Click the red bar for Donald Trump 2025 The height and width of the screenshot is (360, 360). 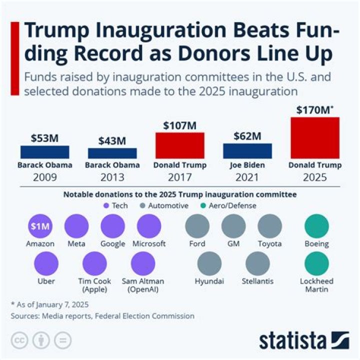pos(315,138)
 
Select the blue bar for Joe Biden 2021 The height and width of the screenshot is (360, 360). pos(247,151)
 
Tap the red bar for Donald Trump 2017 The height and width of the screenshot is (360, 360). pos(179,145)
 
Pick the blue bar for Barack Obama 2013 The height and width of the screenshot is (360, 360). pos(112,153)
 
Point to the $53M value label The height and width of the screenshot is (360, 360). pos(45,138)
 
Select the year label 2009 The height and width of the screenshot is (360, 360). pos(45,177)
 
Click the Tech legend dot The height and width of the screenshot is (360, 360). pos(106,205)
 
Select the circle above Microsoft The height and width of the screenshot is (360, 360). pos(148,226)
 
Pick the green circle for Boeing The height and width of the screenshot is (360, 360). pos(316,226)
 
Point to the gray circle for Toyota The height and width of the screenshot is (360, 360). pos(269,226)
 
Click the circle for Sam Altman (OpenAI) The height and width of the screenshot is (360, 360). pos(143,263)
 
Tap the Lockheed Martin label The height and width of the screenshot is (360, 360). pos(316,285)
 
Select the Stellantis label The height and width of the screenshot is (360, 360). pos(257,281)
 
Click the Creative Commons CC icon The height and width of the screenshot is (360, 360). pos(18,340)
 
